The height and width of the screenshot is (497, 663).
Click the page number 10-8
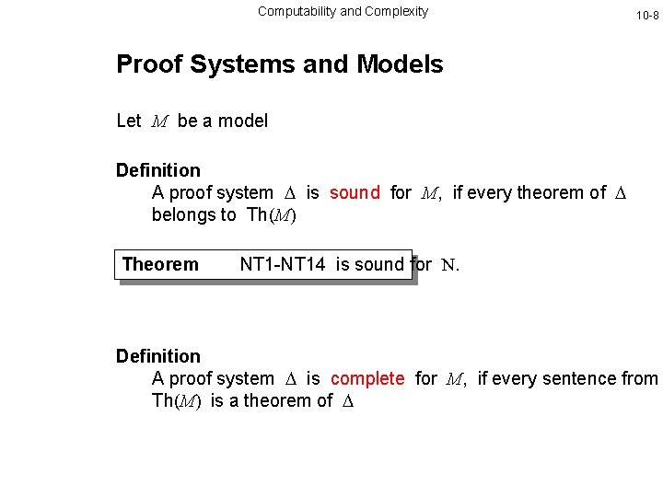(647, 16)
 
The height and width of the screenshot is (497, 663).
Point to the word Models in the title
(400, 64)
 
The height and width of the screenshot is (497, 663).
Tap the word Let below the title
(128, 121)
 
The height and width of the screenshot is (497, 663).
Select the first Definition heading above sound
(157, 170)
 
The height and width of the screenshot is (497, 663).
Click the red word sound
(355, 192)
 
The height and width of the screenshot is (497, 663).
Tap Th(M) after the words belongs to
(272, 215)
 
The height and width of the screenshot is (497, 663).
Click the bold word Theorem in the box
(160, 264)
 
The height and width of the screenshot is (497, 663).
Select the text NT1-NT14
(283, 264)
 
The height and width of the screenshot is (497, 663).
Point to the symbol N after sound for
(449, 265)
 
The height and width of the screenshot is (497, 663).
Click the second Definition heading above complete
(157, 356)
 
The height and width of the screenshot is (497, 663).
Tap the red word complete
(367, 378)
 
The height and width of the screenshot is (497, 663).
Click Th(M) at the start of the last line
(177, 401)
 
